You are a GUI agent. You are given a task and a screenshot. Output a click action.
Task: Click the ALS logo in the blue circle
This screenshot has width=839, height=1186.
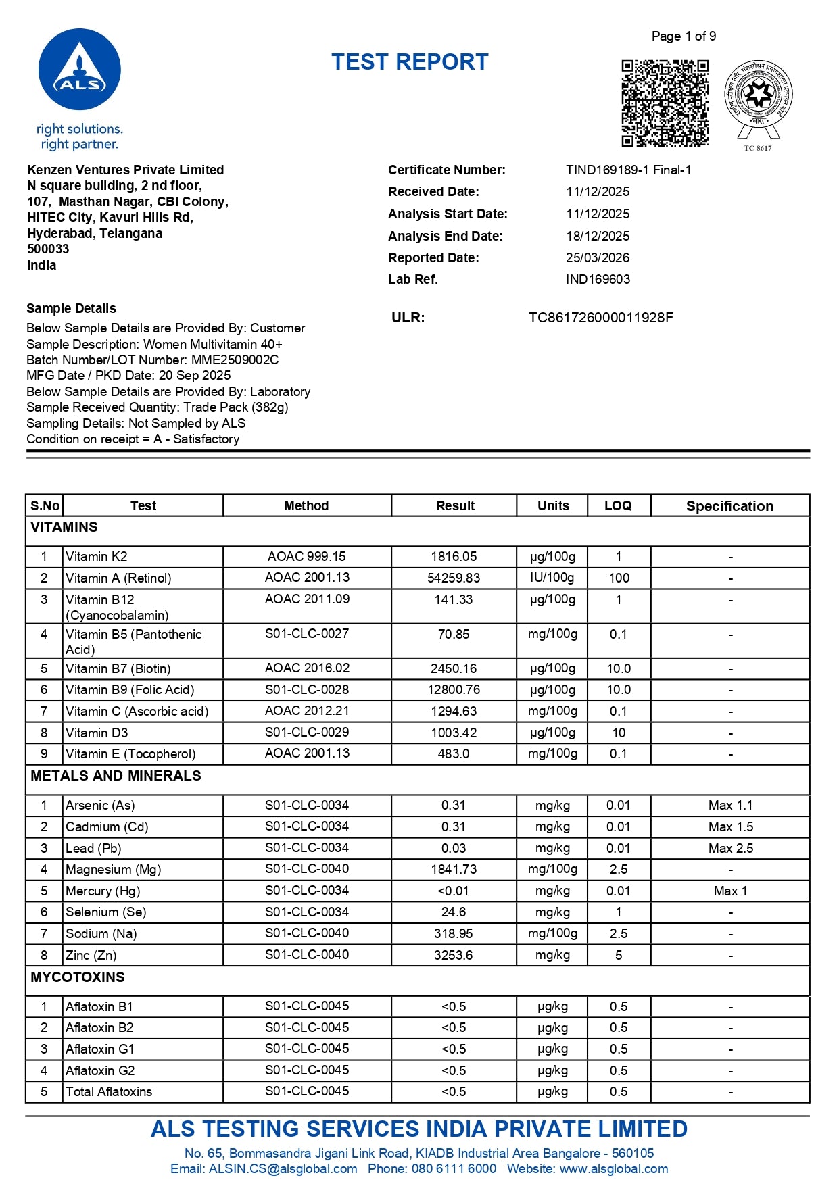(x=80, y=70)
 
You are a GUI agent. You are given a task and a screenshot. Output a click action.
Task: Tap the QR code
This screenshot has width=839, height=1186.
(x=665, y=103)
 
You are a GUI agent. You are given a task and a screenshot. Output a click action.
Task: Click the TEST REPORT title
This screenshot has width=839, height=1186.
(x=410, y=62)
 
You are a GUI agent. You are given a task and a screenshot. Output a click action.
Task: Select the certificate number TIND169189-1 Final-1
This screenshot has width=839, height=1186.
(x=628, y=170)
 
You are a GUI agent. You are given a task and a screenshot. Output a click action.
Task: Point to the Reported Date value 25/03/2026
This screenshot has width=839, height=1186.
(x=597, y=257)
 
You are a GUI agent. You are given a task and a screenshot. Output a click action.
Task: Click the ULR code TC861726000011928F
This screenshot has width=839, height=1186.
(x=600, y=318)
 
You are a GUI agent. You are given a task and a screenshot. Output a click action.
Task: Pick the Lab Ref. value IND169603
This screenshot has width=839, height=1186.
(x=598, y=279)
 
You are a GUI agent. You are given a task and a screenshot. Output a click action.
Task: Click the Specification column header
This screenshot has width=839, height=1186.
(x=729, y=506)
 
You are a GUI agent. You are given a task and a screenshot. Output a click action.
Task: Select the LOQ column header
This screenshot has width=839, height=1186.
(x=618, y=505)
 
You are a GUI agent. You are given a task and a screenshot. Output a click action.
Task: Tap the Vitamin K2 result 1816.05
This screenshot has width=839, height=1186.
(x=454, y=557)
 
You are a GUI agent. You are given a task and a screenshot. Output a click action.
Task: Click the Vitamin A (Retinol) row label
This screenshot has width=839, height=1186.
(x=118, y=578)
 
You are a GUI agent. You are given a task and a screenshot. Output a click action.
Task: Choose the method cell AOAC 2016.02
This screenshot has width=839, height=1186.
(x=307, y=668)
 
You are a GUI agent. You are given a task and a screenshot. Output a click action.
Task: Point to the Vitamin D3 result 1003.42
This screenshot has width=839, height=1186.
(x=454, y=733)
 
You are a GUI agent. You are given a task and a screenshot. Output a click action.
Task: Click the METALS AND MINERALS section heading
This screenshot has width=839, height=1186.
(x=116, y=776)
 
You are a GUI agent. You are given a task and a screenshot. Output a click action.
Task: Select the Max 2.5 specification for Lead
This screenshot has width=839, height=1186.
(x=730, y=848)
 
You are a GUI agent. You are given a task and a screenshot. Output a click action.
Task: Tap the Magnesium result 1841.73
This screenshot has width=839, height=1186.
(x=454, y=870)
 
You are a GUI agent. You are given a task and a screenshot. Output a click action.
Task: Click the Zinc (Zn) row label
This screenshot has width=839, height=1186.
(x=91, y=955)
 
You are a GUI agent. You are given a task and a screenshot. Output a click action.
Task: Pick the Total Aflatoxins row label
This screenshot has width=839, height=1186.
(x=109, y=1091)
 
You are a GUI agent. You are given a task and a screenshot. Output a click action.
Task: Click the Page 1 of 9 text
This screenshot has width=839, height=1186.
(x=684, y=36)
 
